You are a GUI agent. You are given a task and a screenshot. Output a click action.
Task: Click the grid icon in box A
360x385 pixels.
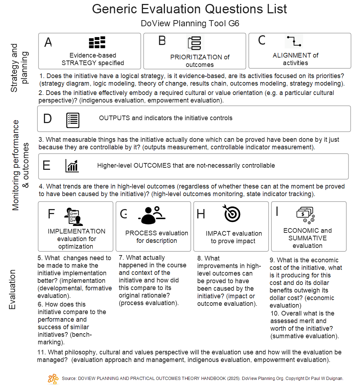click(97, 42)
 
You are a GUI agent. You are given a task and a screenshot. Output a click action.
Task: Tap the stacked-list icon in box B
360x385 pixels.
click(194, 43)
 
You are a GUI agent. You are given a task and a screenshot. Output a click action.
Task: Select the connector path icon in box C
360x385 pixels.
click(294, 41)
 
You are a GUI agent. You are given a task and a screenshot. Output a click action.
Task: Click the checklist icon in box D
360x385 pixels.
click(73, 120)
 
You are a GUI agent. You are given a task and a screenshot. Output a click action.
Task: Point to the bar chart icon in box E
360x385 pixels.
click(72, 166)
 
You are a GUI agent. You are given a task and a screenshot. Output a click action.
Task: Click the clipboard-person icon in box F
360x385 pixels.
click(73, 216)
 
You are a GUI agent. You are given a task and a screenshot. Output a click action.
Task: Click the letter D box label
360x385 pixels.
click(48, 119)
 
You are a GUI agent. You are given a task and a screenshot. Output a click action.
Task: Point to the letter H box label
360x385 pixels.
click(201, 214)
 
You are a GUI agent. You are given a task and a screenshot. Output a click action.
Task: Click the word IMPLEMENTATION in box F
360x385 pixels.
click(76, 231)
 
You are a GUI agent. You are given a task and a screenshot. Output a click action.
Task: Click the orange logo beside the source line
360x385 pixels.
click(53, 379)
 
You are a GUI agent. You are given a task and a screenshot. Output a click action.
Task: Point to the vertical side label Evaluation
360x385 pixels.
click(13, 290)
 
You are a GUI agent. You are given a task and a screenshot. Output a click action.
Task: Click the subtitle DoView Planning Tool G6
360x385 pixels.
click(190, 24)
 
